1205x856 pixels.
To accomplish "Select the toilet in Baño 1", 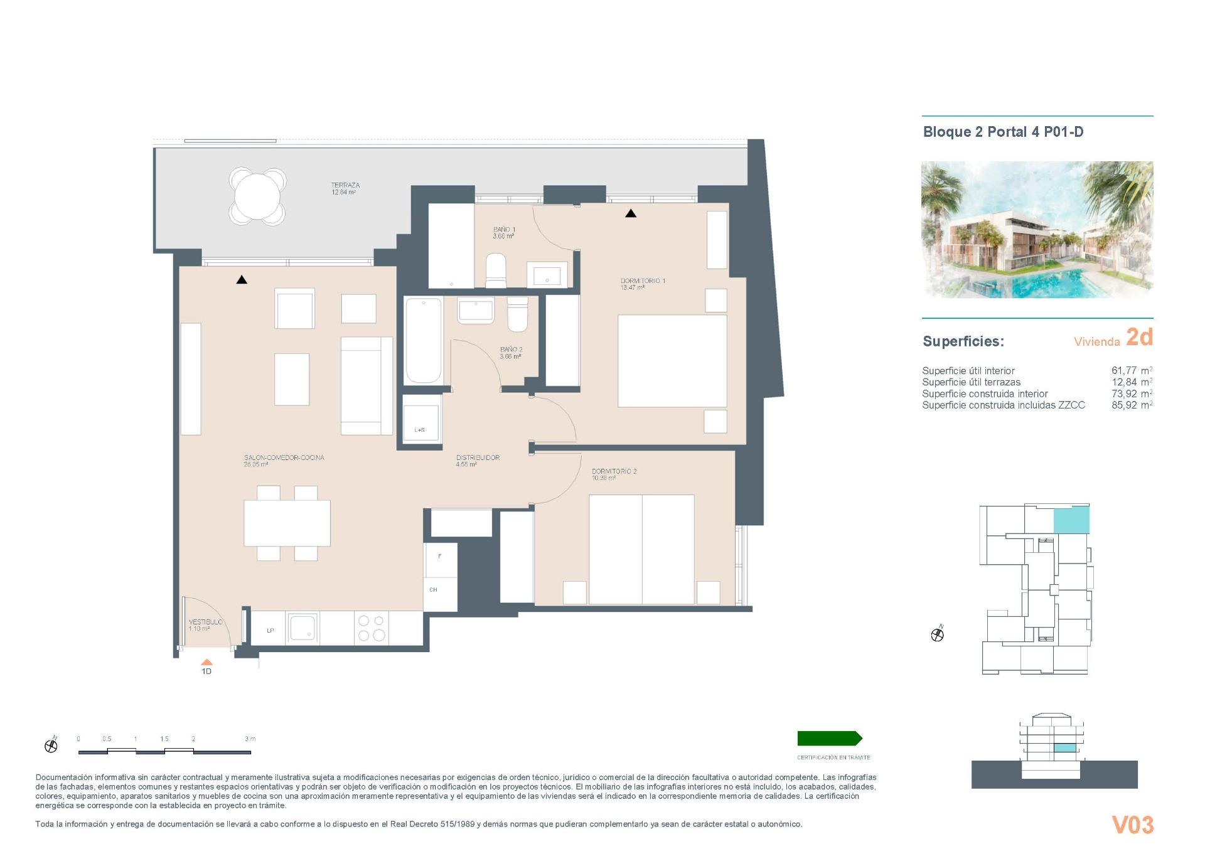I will tap(496, 270).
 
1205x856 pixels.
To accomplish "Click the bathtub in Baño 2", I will tap(423, 340).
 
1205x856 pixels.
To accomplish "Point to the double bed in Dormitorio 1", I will tap(672, 361).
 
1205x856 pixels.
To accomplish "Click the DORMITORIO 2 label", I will tap(614, 471).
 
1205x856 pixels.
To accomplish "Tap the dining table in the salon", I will tap(287, 523).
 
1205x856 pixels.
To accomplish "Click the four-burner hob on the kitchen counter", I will tap(371, 628).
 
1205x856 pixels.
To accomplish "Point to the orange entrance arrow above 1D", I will tap(206, 662).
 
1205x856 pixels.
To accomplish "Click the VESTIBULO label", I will tap(205, 622).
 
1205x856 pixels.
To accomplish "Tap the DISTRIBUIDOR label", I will tap(478, 457).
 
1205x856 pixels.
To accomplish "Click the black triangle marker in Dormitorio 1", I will tap(631, 213).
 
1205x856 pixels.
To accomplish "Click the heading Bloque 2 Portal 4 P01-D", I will tap(1003, 132).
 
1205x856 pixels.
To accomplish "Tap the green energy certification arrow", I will tap(829, 738).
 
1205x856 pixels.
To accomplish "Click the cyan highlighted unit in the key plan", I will tap(1071, 521).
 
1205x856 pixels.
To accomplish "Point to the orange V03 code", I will tap(1132, 825).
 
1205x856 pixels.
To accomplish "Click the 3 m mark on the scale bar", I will tap(250, 739).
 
